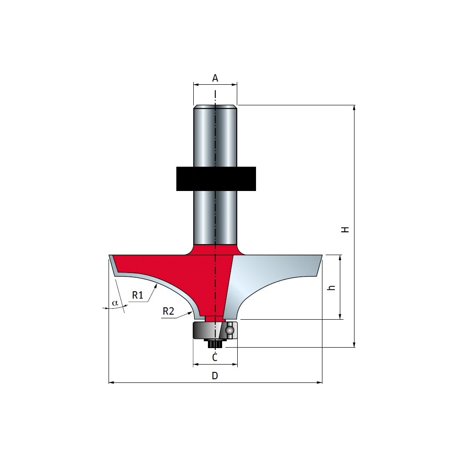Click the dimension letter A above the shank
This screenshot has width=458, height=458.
click(215, 78)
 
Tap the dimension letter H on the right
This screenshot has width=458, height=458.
click(345, 229)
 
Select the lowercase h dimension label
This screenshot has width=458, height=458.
click(331, 288)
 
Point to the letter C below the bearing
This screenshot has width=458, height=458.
click(215, 357)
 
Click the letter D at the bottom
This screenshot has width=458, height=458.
click(215, 376)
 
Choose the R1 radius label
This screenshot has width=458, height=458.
click(137, 295)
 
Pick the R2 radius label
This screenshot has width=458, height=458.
click(168, 311)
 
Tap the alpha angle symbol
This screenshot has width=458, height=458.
click(115, 303)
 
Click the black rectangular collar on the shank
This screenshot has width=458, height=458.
click(216, 179)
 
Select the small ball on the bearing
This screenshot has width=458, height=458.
click(229, 330)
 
